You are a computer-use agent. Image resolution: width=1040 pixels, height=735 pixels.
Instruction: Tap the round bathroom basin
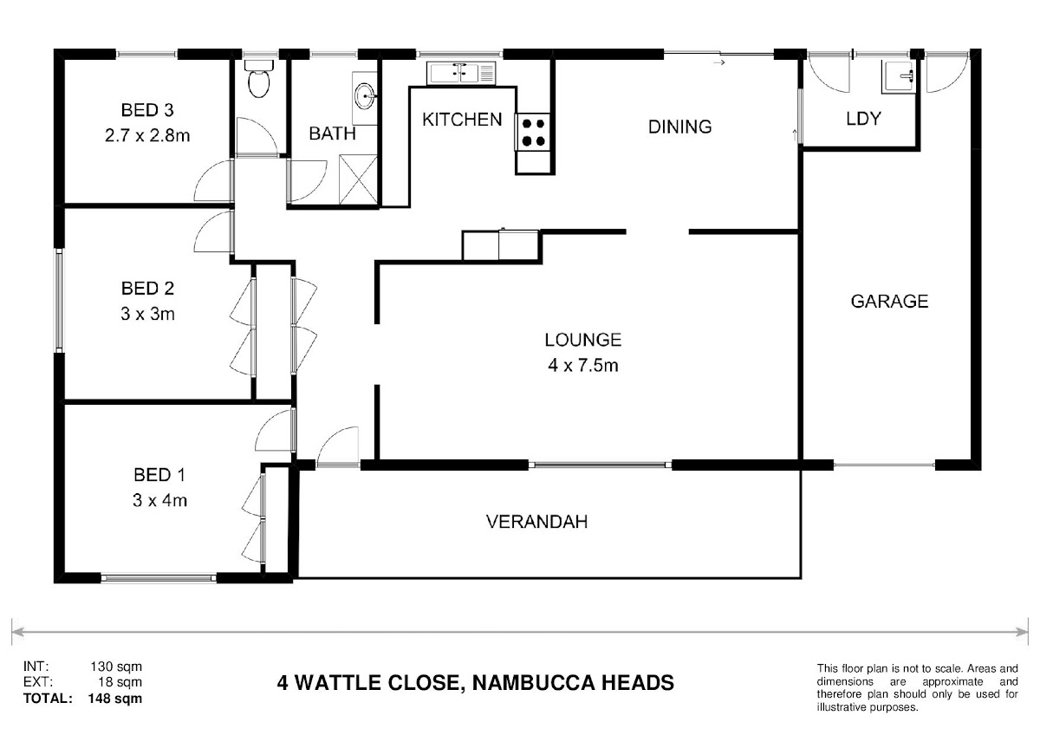point(365,97)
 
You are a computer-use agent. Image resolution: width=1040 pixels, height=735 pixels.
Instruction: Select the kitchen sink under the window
point(461,73)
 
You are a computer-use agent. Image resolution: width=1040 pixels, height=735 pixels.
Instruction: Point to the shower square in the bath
point(359,179)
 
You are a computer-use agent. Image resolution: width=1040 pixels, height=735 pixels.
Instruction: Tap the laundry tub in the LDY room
point(899,76)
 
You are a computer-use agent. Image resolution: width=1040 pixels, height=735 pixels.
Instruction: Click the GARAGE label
point(889,302)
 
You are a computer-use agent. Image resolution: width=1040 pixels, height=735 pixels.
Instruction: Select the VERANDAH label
point(536,522)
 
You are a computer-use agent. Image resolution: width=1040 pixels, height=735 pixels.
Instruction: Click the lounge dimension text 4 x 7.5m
point(583,366)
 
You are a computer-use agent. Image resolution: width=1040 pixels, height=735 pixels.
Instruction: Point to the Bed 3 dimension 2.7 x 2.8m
point(147,135)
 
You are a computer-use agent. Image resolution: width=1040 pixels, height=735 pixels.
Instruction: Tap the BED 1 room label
point(159,474)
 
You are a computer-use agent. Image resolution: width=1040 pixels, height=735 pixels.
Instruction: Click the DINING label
point(679,127)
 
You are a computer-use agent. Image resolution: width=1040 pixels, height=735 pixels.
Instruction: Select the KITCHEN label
point(462,120)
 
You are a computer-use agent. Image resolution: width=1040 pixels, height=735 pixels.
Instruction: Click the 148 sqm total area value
point(115,699)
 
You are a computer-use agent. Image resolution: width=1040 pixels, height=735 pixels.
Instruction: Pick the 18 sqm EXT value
point(120,682)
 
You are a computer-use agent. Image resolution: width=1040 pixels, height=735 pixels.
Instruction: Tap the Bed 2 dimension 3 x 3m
point(147,314)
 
